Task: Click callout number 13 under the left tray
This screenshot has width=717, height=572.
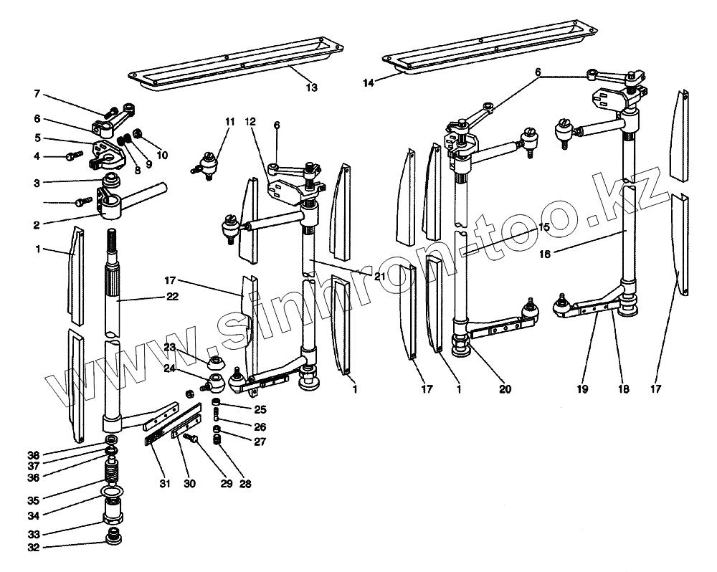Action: [311, 87]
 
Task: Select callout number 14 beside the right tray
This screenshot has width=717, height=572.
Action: [368, 82]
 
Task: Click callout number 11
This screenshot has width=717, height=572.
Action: [229, 123]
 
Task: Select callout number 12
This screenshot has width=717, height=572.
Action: [251, 123]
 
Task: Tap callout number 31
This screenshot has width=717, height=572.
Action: [166, 484]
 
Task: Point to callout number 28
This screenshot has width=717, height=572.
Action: [246, 484]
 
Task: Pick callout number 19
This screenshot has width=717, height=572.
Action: [581, 389]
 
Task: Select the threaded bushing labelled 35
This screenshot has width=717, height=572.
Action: [111, 473]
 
